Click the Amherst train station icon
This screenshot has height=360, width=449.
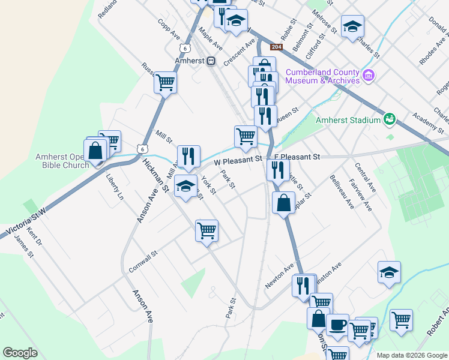(211, 61)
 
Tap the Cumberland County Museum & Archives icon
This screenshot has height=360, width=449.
(369, 76)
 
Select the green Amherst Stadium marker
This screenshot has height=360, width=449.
(390, 119)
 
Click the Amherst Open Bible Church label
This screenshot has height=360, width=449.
(62, 161)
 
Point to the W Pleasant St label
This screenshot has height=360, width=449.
(238, 161)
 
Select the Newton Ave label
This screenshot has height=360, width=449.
(280, 274)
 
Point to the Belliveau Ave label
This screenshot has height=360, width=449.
(342, 192)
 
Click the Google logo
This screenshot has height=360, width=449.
(20, 353)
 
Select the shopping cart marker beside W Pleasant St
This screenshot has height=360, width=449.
(246, 136)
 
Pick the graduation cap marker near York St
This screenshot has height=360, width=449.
(186, 185)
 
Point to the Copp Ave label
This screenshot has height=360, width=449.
(169, 31)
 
